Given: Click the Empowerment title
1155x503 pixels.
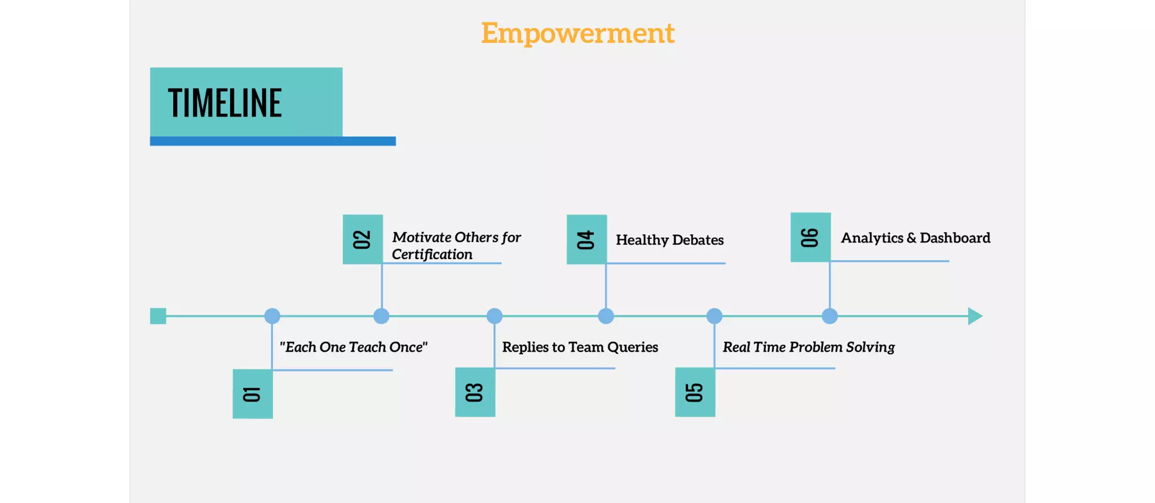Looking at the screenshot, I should click(x=577, y=33).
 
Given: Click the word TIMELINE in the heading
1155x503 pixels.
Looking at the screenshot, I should click(x=224, y=103).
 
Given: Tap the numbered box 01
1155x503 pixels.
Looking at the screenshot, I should click(x=253, y=394).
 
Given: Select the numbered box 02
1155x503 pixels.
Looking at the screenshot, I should click(x=363, y=239).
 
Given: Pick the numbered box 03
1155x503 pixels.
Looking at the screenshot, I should click(x=475, y=392).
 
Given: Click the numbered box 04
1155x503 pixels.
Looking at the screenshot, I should click(x=587, y=239).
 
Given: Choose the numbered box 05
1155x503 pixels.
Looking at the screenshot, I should click(x=695, y=392).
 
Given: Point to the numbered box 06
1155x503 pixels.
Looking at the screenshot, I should click(x=810, y=237).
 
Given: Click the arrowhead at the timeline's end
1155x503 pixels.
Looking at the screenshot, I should click(x=975, y=316).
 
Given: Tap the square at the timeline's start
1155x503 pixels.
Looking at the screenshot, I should click(x=158, y=316).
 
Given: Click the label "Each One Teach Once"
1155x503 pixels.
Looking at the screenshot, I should click(x=354, y=347).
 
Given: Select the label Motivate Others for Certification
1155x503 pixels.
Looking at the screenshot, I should click(x=456, y=246).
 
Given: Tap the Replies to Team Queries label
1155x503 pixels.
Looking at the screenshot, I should click(x=580, y=347).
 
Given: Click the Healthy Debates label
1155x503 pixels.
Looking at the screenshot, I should click(x=669, y=240).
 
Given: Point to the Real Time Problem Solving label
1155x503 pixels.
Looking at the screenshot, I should click(x=808, y=347).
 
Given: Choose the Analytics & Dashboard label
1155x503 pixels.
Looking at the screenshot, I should click(x=915, y=238).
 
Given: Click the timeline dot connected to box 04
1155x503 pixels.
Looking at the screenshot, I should click(x=606, y=316).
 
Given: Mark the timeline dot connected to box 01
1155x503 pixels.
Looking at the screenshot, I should click(x=272, y=316).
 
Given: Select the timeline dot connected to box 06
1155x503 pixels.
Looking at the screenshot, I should click(x=830, y=316).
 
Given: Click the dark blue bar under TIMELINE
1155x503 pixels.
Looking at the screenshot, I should click(x=273, y=141).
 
